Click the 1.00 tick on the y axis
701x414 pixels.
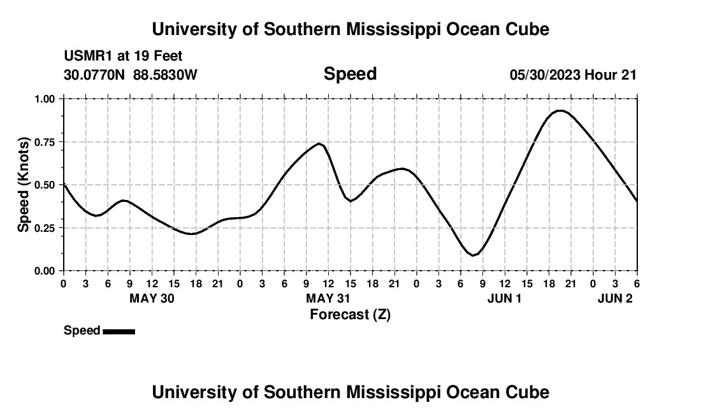coord(47,99)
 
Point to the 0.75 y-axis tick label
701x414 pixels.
coord(47,142)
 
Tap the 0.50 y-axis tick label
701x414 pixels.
coord(47,185)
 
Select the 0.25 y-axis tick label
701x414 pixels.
coord(47,228)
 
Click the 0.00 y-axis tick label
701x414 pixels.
coord(47,271)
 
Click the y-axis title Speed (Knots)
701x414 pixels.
coord(24,185)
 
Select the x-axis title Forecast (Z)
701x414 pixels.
coord(350,314)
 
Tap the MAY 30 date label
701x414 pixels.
coord(152,298)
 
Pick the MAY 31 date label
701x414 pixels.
coord(328,298)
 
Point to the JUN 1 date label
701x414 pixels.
coord(504,298)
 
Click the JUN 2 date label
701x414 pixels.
coord(615,298)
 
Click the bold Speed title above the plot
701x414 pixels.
coord(350,74)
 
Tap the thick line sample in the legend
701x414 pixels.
coord(119,331)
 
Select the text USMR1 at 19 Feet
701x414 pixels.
coord(123,57)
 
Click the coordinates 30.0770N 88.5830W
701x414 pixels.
coord(131,75)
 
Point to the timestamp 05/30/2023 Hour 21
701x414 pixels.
coord(573,75)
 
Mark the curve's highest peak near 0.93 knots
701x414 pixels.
coord(560,111)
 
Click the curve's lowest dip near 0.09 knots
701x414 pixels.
coord(473,255)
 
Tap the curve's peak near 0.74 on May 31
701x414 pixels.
coord(319,143)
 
